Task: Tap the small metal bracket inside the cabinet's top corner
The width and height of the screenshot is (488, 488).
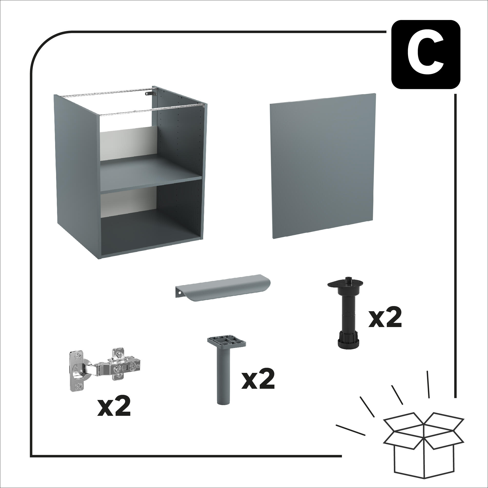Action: (150, 93)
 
